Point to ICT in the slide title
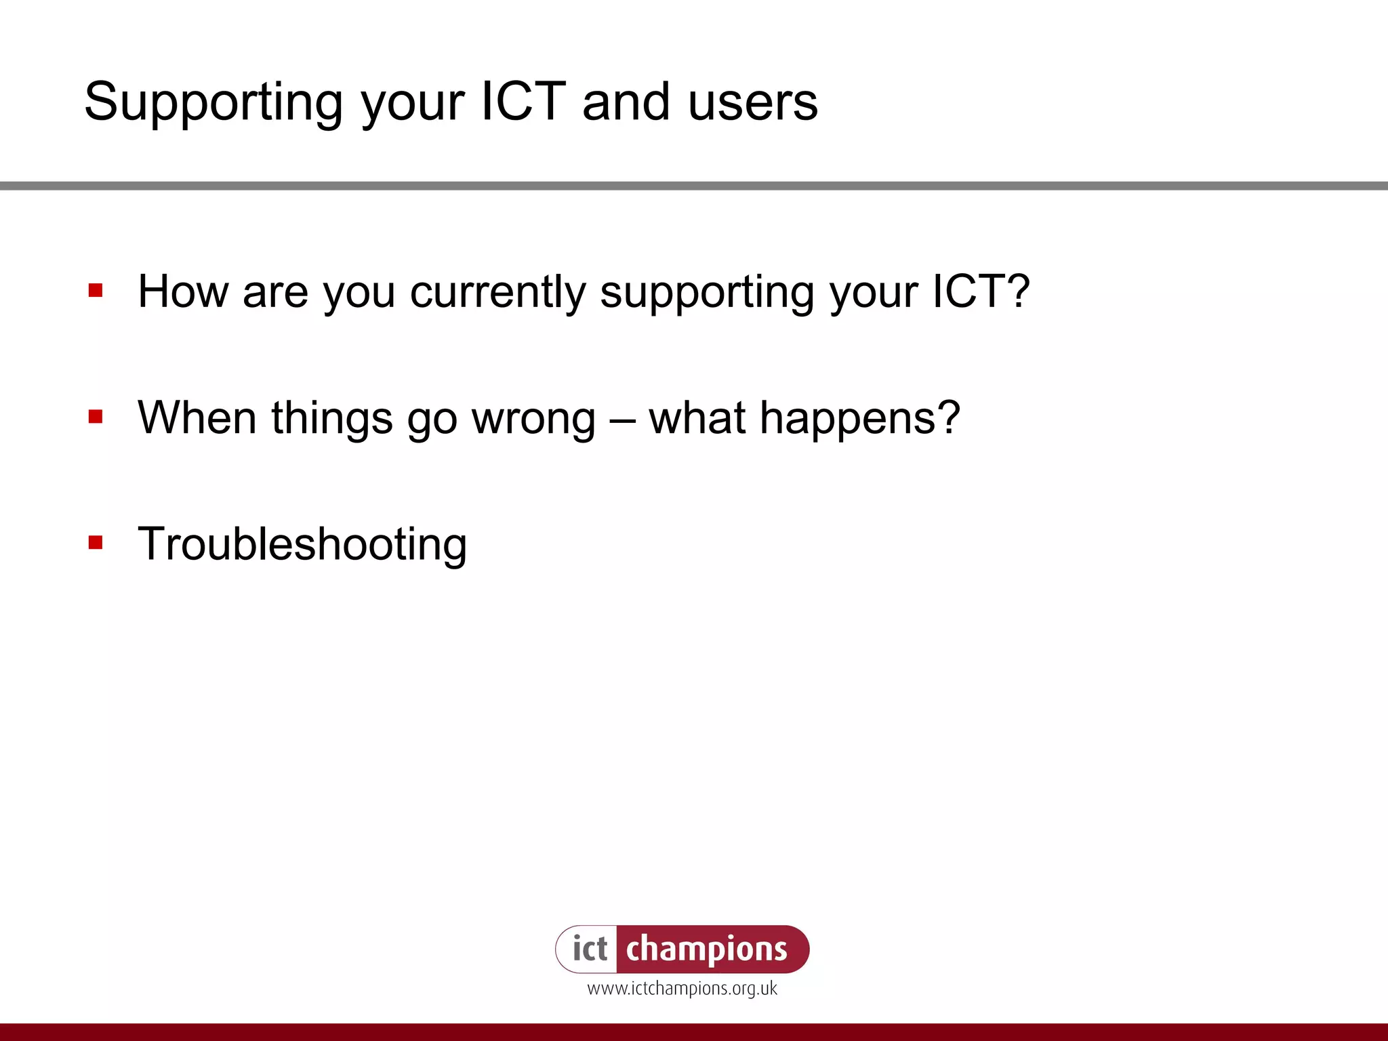[523, 102]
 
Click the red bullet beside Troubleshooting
[96, 542]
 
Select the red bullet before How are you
[96, 291]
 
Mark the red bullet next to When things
[96, 416]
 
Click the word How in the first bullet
[182, 292]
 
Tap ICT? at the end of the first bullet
[981, 292]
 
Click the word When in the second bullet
[197, 417]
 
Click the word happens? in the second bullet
[859, 419]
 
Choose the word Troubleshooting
[302, 544]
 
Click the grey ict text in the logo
[590, 949]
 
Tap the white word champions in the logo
[706, 950]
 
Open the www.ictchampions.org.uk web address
[682, 989]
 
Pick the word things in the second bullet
[332, 419]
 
